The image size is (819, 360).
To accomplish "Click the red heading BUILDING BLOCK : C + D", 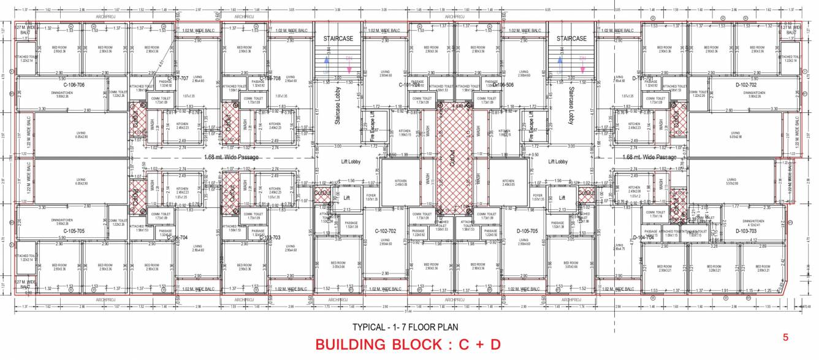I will coord(408,345).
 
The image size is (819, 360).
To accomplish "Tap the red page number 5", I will coord(785,338).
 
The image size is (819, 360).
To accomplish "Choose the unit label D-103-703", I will coord(755,231).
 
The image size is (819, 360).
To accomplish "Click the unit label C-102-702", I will coord(386,231).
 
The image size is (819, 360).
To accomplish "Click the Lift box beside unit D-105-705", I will coord(562,198).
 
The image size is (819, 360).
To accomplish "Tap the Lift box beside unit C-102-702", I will coord(346,198).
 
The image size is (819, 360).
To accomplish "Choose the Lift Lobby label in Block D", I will coord(560,162).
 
